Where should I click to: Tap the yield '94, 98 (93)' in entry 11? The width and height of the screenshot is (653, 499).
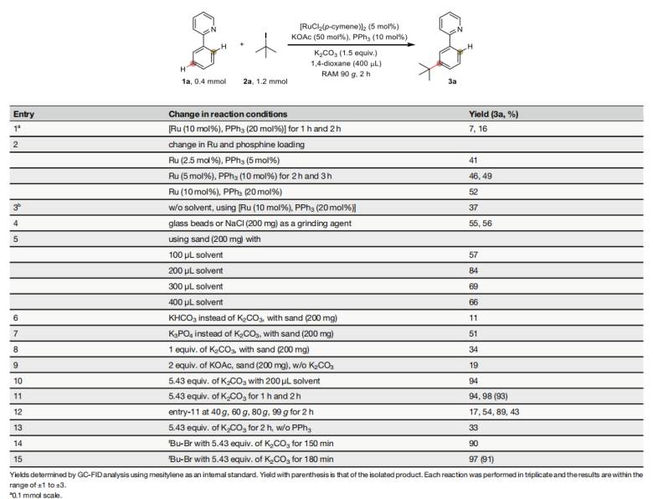[488, 365]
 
